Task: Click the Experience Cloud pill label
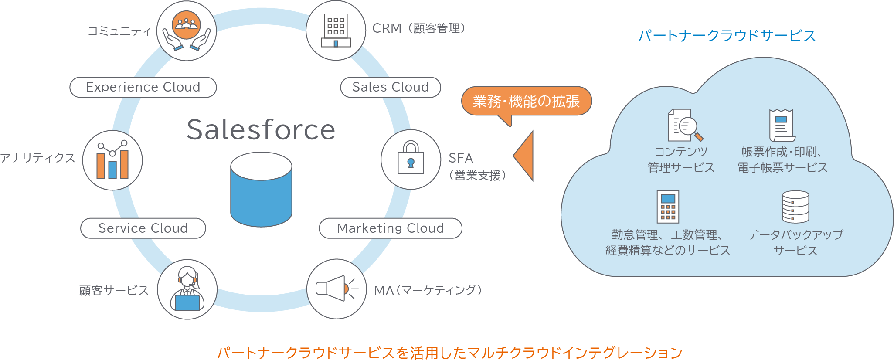point(143,87)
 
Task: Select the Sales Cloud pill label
point(390,87)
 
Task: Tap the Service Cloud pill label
point(143,228)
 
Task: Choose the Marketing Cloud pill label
point(390,228)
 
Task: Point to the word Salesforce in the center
point(261,129)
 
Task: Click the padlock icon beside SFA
point(411,159)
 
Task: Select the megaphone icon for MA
point(336,289)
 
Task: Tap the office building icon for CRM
point(336,31)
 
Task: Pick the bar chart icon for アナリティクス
point(112,160)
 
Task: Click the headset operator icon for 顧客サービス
point(187,289)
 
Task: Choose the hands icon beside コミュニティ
point(187,31)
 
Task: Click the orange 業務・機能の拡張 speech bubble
point(526,101)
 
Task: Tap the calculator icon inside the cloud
point(668,207)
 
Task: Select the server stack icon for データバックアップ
point(795,207)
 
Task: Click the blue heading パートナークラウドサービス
point(727,35)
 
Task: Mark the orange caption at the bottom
point(450,352)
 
